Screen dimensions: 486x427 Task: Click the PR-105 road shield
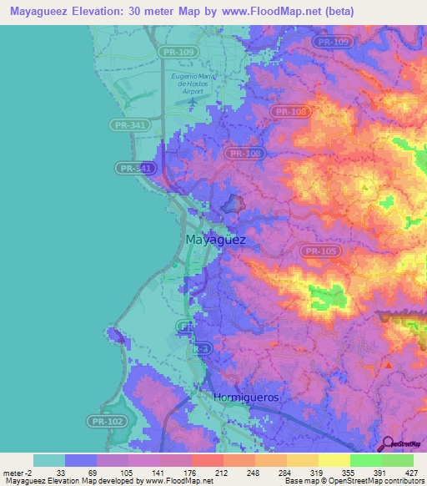320,251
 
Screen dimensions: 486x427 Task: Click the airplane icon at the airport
194,101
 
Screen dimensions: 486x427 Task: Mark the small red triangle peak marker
388,365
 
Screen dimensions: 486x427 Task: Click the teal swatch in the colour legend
49,460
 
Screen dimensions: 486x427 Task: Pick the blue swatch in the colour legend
81,460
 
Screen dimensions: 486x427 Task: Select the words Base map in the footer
294,482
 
